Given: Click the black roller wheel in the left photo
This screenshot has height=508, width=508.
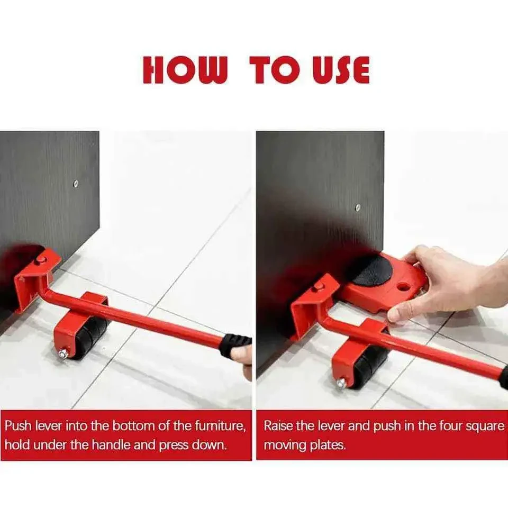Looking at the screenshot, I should (x=90, y=337).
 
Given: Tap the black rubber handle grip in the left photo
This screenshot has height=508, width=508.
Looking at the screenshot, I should (x=235, y=344).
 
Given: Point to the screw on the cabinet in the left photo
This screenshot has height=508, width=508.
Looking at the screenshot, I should (x=76, y=184).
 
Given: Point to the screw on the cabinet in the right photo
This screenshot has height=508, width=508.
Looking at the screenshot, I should (x=358, y=207).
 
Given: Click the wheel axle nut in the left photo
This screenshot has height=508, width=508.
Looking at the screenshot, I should (x=63, y=353).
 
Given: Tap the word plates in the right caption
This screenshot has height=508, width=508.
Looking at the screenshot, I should (x=328, y=444).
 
